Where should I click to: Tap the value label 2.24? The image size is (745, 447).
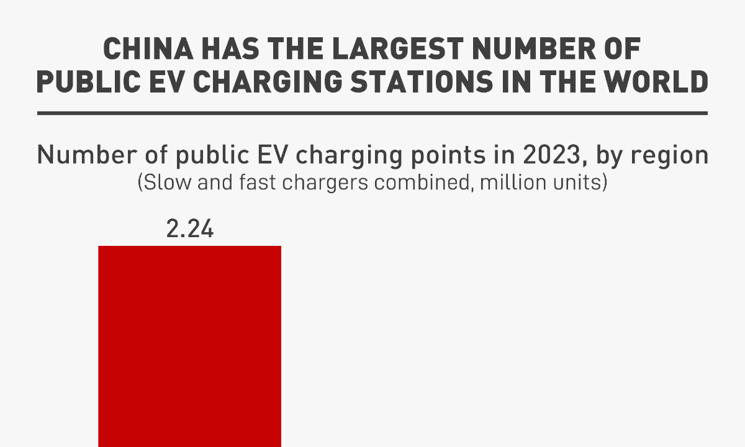point(189,230)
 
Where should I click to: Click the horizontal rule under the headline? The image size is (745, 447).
point(372,114)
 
